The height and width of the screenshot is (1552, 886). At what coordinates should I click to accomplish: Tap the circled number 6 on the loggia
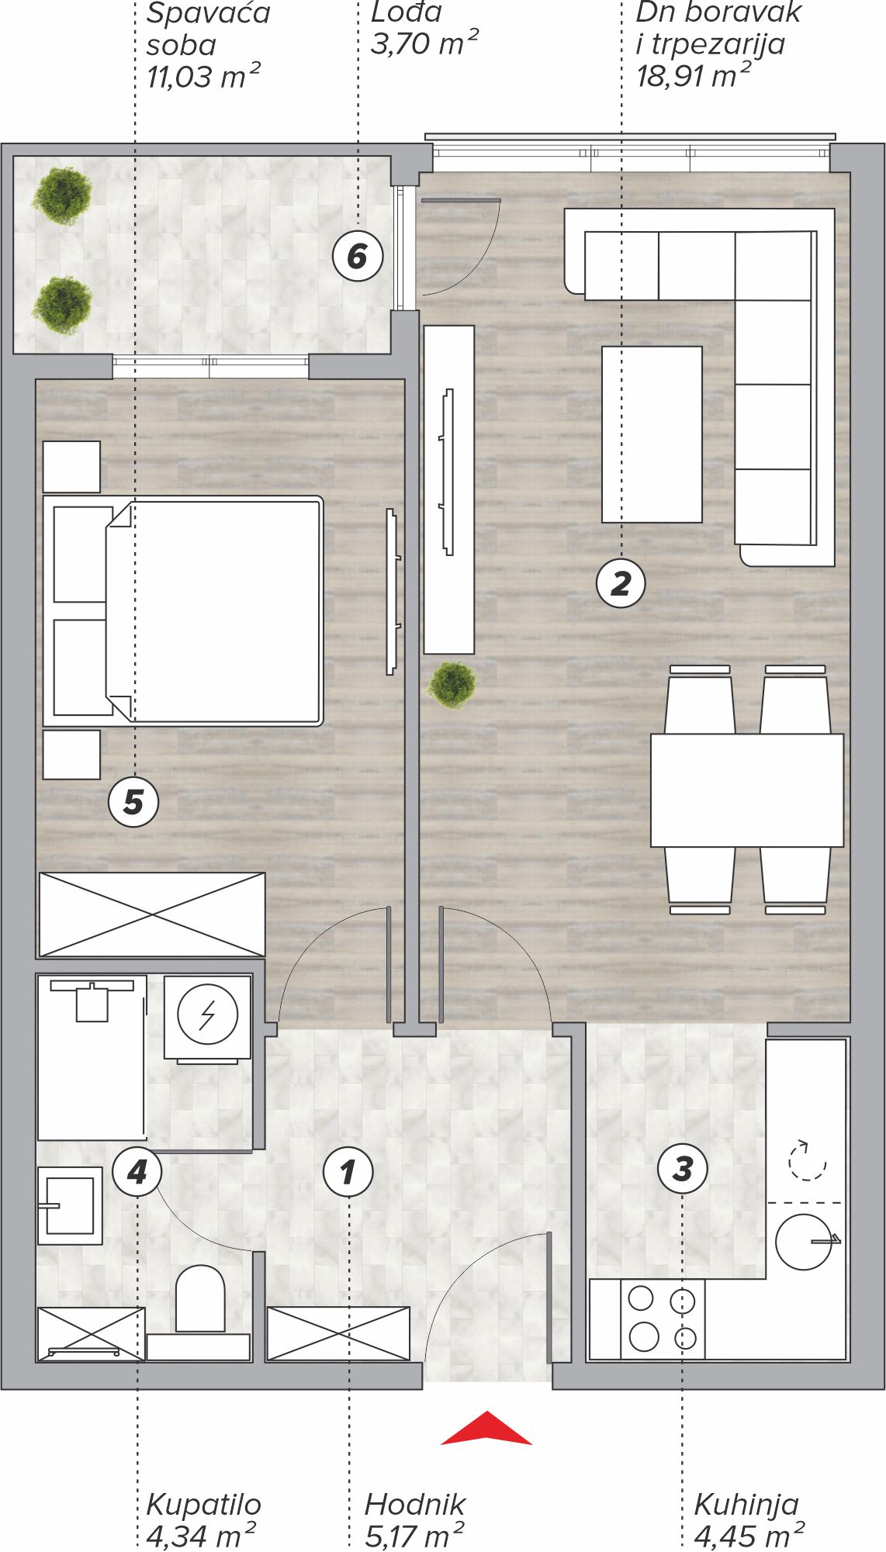coord(358,256)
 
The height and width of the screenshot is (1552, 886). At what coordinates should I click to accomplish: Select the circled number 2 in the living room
coord(621,583)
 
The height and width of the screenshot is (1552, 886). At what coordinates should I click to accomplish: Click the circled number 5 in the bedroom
coord(133,802)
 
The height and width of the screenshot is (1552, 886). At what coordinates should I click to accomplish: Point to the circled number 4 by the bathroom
coord(137,1172)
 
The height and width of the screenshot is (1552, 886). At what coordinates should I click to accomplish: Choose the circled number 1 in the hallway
coord(348,1172)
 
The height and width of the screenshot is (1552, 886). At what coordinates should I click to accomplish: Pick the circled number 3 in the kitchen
coord(683,1169)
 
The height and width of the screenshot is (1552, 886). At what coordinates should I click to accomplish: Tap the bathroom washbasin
coord(70,1206)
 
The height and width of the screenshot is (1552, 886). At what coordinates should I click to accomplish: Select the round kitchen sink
coord(805,1242)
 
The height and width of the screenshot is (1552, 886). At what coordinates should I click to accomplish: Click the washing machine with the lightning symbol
coord(207,1017)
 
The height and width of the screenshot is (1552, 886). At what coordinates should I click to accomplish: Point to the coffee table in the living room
coord(652,434)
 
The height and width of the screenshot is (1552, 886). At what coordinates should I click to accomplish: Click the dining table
coord(747,790)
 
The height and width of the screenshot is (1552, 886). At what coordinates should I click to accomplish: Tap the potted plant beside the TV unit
coord(452,685)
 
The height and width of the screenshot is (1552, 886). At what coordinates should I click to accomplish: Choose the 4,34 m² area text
coord(201,1535)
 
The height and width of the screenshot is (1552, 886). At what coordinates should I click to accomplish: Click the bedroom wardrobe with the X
coord(152,914)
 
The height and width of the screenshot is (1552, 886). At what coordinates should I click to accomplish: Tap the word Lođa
coord(407,12)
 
